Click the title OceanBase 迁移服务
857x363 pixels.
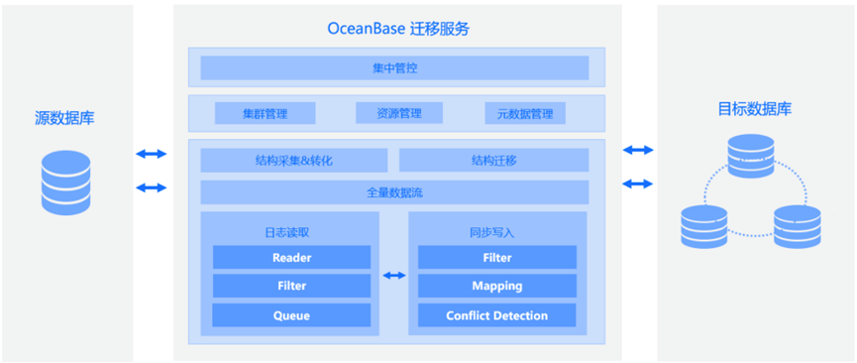[398, 29]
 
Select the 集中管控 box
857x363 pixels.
[394, 67]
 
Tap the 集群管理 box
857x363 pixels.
[266, 113]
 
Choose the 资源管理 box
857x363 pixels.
[399, 113]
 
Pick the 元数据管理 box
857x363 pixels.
[525, 113]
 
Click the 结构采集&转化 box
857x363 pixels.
[294, 161]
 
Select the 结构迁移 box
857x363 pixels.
[494, 161]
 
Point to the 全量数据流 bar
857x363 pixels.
[394, 192]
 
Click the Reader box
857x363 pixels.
[292, 257]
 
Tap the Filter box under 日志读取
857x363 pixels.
[292, 286]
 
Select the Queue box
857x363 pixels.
[292, 315]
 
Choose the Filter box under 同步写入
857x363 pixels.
[497, 257]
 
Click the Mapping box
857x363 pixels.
[497, 286]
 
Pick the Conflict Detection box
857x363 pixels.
[497, 315]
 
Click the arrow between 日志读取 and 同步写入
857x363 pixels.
[394, 276]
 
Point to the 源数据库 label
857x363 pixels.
[64, 118]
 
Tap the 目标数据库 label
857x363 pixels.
[754, 109]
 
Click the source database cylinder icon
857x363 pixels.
[65, 182]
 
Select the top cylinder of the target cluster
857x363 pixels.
[751, 155]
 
